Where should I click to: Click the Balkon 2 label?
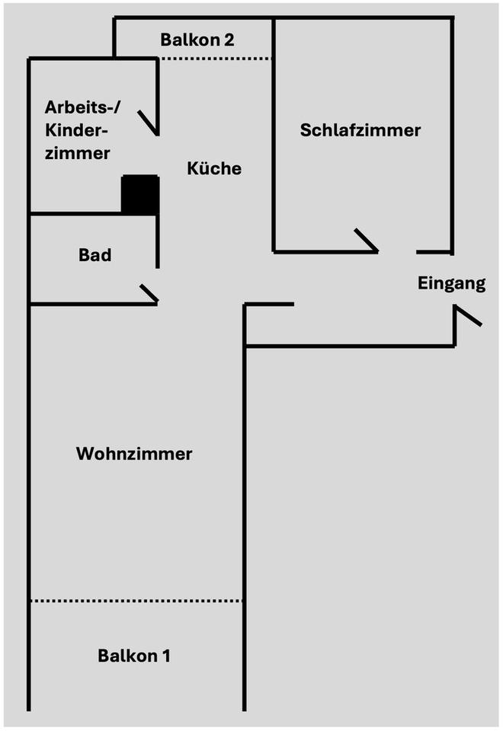[197, 40]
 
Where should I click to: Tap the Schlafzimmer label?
[360, 130]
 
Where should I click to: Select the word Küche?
[214, 168]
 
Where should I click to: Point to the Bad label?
[95, 255]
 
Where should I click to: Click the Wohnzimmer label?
[134, 454]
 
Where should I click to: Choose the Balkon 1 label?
[134, 656]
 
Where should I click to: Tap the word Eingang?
[451, 284]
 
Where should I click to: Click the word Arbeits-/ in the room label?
[82, 107]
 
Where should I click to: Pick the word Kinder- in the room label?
[76, 130]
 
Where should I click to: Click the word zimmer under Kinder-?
[78, 153]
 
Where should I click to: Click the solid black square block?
[140, 195]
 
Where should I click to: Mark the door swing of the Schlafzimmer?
[367, 241]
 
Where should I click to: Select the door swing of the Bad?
[149, 292]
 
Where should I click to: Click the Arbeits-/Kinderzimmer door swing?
[149, 123]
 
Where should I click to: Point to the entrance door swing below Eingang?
[467, 315]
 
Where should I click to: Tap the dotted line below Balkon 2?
[215, 59]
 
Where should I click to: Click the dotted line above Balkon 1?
[136, 601]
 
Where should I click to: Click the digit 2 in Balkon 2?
[229, 40]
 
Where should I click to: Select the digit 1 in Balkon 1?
[166, 656]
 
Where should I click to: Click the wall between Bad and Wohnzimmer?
[93, 304]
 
